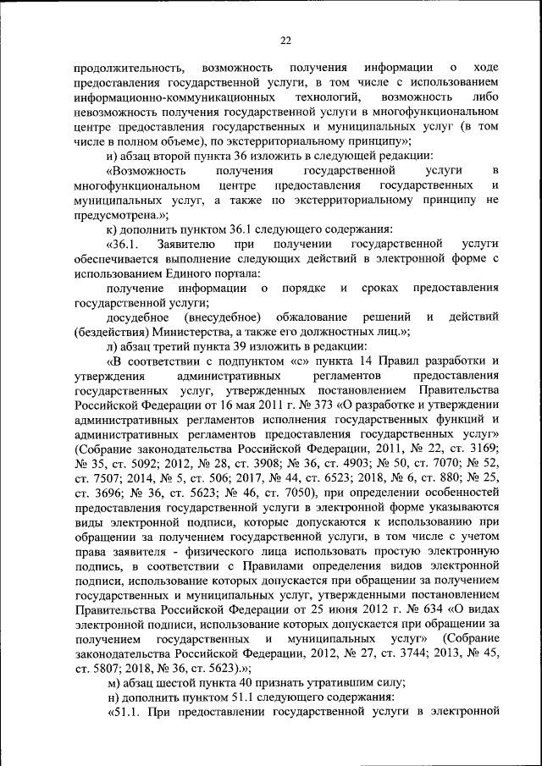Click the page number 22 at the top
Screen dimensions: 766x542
[285, 40]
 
